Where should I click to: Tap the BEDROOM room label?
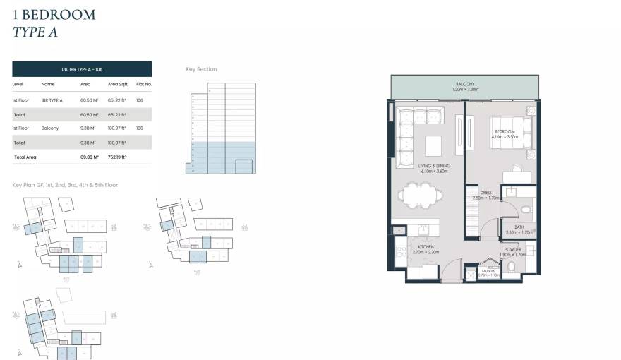tap(504, 132)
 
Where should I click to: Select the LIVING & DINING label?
tap(434, 167)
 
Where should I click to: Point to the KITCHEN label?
tap(426, 246)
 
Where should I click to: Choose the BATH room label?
tap(519, 227)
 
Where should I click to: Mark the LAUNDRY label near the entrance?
tap(488, 271)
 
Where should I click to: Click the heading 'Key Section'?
tap(201, 69)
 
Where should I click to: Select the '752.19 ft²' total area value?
tap(117, 157)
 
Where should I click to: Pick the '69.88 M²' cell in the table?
tap(90, 157)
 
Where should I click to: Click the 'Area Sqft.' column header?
tap(117, 84)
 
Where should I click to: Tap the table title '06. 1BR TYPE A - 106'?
tap(82, 68)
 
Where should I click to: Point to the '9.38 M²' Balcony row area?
tap(88, 128)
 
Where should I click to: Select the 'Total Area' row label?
tap(25, 157)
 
